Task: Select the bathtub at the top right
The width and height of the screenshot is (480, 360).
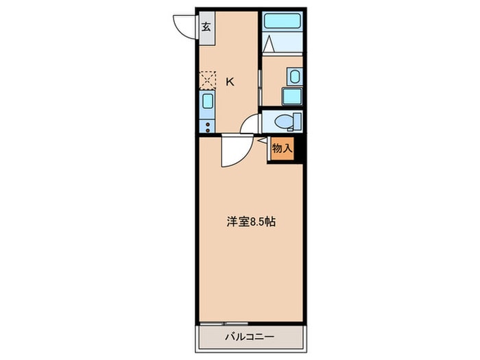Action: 283,21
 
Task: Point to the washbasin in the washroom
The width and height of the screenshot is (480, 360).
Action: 293,75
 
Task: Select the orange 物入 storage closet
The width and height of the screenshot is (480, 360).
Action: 282,149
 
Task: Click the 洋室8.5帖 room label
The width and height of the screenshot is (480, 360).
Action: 252,222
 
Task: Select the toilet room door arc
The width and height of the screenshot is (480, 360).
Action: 250,125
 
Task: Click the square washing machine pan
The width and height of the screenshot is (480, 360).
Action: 292,95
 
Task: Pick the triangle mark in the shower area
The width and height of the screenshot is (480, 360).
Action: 269,45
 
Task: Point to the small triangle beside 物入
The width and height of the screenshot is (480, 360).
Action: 263,141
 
